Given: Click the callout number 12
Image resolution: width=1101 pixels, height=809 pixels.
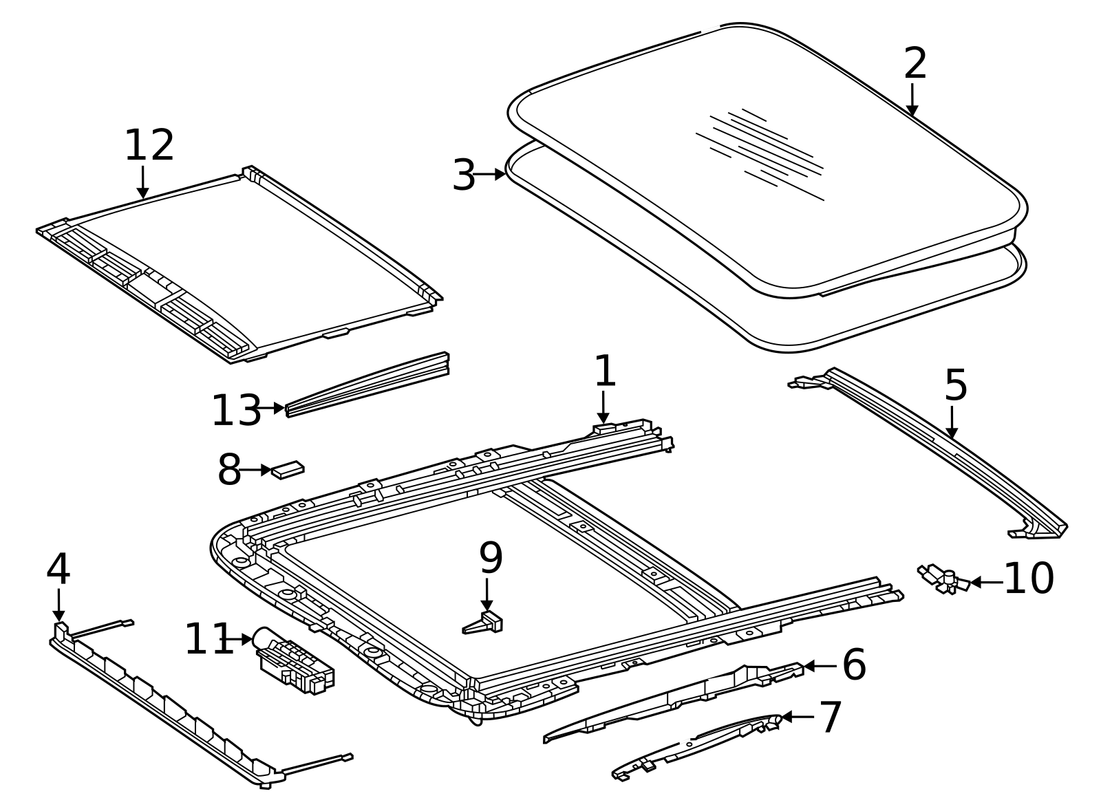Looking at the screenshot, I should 149,146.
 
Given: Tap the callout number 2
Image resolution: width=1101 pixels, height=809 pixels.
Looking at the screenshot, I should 915,64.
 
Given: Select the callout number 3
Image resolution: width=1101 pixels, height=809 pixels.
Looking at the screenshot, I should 464,175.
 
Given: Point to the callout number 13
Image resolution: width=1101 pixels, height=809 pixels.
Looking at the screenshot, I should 236,411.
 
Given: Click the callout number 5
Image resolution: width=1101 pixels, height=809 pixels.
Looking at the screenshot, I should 956,385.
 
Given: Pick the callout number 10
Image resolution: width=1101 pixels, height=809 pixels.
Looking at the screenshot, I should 1029,579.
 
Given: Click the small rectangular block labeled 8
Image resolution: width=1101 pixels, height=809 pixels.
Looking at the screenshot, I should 288,470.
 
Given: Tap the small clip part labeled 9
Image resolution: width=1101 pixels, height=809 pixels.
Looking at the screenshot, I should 484,623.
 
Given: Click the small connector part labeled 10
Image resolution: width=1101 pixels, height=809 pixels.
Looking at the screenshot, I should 943,579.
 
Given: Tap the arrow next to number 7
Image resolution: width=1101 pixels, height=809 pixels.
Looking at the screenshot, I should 798,717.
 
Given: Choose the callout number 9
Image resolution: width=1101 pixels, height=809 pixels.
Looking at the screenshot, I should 491,559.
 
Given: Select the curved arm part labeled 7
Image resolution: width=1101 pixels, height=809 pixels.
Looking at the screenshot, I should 695,746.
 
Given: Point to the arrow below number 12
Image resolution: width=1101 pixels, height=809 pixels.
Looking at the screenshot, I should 142,182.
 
